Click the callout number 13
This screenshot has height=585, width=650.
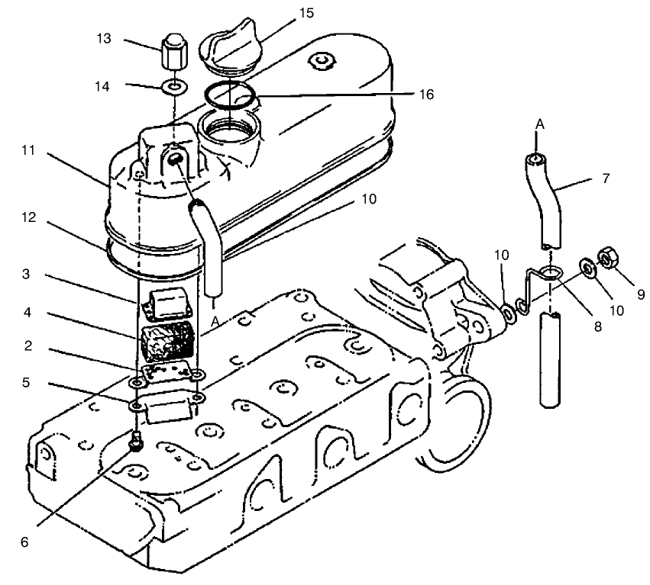[104, 38]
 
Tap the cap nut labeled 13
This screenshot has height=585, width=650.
[173, 53]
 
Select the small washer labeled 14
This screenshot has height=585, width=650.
[174, 88]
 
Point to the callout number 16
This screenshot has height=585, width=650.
[426, 95]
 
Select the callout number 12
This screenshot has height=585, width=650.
[28, 217]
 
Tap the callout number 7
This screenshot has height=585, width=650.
[606, 178]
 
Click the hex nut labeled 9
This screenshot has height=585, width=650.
[607, 257]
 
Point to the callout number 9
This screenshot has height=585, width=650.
[641, 294]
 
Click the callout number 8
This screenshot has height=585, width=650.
[597, 326]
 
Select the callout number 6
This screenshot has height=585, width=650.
[24, 542]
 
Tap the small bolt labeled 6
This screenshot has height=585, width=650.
[136, 441]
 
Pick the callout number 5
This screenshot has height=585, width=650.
[26, 382]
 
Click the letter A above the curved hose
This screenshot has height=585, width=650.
[540, 124]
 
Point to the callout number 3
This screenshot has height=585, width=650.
[26, 274]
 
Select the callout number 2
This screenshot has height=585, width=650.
[27, 346]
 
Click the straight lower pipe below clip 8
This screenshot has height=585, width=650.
[550, 360]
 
